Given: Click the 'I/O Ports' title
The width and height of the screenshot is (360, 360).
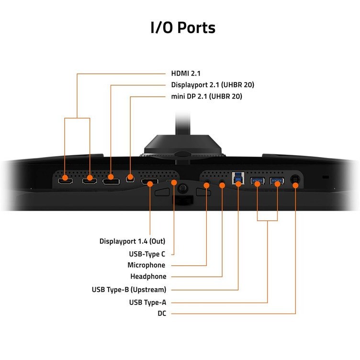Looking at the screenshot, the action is [x=183, y=28].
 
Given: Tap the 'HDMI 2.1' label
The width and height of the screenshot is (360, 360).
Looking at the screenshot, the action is [x=186, y=73].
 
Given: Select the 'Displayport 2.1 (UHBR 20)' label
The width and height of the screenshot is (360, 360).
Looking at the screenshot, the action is [x=213, y=85].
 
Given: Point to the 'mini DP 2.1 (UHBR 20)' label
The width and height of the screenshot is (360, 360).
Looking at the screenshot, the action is [x=207, y=96].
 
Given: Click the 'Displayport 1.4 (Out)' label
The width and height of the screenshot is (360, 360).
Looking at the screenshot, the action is [x=132, y=241].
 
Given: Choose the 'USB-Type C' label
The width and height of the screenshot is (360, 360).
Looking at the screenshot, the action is [x=147, y=254].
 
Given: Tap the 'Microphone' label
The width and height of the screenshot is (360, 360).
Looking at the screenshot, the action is [x=146, y=265].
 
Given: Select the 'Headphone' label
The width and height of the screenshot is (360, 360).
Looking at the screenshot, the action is [x=148, y=276].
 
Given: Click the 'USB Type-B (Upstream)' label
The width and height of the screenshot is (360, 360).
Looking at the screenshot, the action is [x=129, y=290].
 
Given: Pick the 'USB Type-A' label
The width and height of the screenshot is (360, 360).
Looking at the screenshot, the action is [x=147, y=303].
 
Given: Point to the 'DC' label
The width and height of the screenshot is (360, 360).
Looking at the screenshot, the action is [x=162, y=314].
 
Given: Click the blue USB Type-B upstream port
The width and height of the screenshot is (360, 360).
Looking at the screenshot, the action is [x=238, y=178].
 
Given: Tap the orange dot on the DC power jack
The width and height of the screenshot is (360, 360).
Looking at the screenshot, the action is [x=295, y=185].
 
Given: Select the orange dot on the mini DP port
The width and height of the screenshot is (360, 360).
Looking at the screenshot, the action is [x=130, y=177].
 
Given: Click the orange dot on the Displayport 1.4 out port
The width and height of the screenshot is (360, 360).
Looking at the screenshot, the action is [x=150, y=184].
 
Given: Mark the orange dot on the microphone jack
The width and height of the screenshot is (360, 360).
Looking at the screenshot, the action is [x=206, y=185].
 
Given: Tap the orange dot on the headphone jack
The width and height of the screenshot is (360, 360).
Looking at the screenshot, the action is [x=222, y=185].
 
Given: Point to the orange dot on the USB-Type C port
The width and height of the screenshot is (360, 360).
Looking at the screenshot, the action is [x=174, y=182].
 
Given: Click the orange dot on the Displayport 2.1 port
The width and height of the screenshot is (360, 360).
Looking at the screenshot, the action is [x=111, y=177].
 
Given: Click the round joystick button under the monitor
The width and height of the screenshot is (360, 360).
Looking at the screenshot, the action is [x=183, y=189].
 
